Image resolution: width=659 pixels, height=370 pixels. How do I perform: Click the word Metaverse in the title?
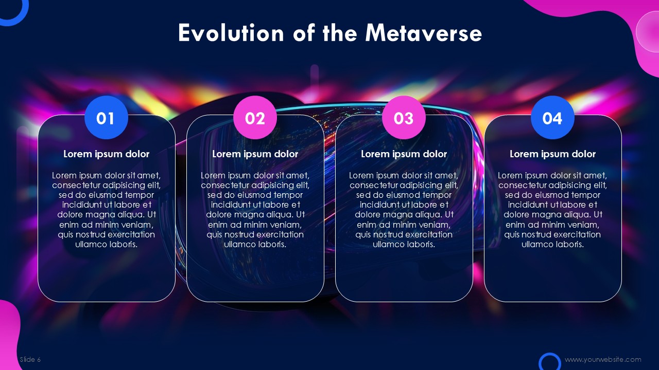423,33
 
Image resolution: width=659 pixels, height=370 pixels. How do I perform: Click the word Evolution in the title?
231,33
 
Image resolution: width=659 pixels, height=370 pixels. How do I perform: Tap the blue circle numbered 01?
106,118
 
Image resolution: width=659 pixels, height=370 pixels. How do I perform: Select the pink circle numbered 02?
255,118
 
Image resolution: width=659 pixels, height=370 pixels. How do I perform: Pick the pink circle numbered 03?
404,118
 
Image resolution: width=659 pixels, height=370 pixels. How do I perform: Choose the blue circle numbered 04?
552,118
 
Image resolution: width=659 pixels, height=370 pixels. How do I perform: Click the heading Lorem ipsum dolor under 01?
106,154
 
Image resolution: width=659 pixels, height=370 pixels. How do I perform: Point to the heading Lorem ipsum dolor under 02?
255,154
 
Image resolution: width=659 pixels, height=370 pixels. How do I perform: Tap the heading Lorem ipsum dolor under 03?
404,154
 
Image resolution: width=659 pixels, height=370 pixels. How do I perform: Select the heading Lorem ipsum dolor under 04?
552,154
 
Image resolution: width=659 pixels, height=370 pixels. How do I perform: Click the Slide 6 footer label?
30,359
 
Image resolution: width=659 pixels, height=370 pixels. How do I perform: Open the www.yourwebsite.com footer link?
603,359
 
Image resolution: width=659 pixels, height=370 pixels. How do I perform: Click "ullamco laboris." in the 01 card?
106,244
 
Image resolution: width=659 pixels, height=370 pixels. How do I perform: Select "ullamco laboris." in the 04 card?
552,244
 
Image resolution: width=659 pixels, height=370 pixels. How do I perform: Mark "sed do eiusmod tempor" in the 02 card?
255,195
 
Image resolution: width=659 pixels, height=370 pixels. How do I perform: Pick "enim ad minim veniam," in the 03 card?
404,225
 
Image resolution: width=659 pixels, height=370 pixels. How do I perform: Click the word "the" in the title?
340,33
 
